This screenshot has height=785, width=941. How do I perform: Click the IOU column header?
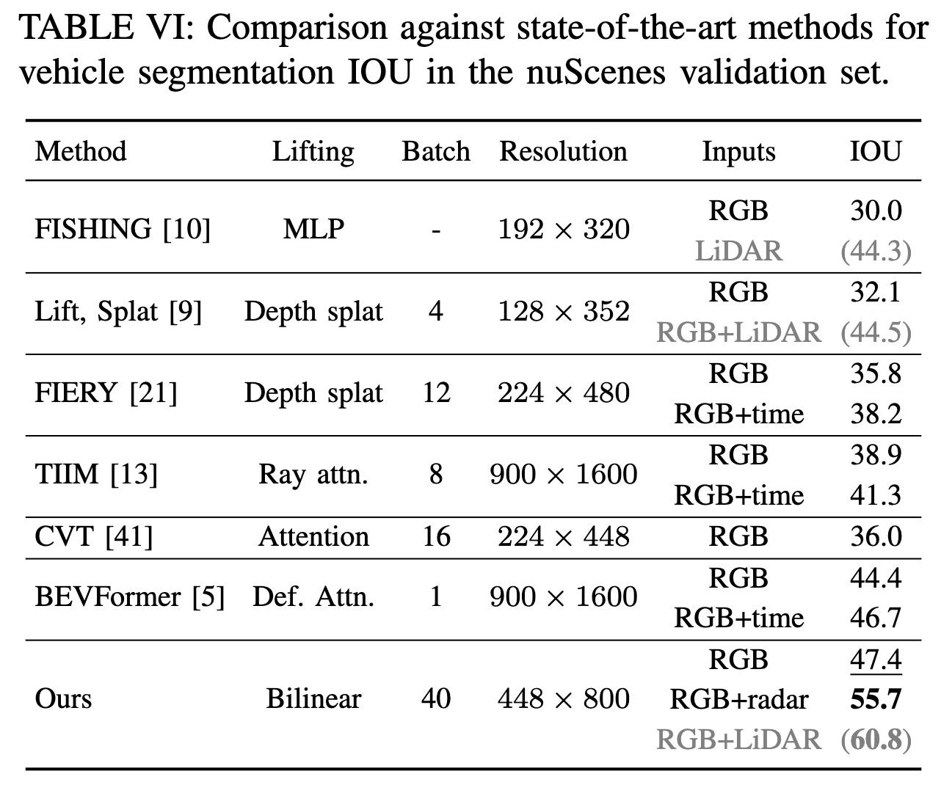click(876, 151)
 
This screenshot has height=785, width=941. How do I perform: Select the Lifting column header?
click(313, 151)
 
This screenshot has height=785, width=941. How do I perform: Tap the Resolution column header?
click(563, 151)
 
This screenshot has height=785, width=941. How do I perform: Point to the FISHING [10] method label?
click(123, 230)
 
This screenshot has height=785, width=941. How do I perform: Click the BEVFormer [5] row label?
click(129, 596)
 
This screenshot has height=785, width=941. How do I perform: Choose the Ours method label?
click(63, 698)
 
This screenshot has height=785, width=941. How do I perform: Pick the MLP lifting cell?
click(313, 230)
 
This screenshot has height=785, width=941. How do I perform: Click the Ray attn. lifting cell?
click(313, 475)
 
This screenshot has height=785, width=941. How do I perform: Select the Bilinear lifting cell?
click(313, 698)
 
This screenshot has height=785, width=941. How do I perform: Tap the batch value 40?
click(435, 698)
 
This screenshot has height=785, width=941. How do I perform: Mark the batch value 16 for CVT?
click(435, 536)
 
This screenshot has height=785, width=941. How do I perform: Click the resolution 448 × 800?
click(563, 698)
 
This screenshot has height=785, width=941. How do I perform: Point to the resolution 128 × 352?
click(563, 311)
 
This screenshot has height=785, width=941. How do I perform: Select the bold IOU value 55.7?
click(876, 699)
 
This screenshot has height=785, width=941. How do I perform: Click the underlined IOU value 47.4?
click(876, 659)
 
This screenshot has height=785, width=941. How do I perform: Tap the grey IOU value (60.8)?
click(876, 740)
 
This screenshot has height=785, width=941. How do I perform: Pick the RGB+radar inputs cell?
click(738, 699)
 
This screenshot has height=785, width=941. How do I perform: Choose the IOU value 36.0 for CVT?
click(876, 536)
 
